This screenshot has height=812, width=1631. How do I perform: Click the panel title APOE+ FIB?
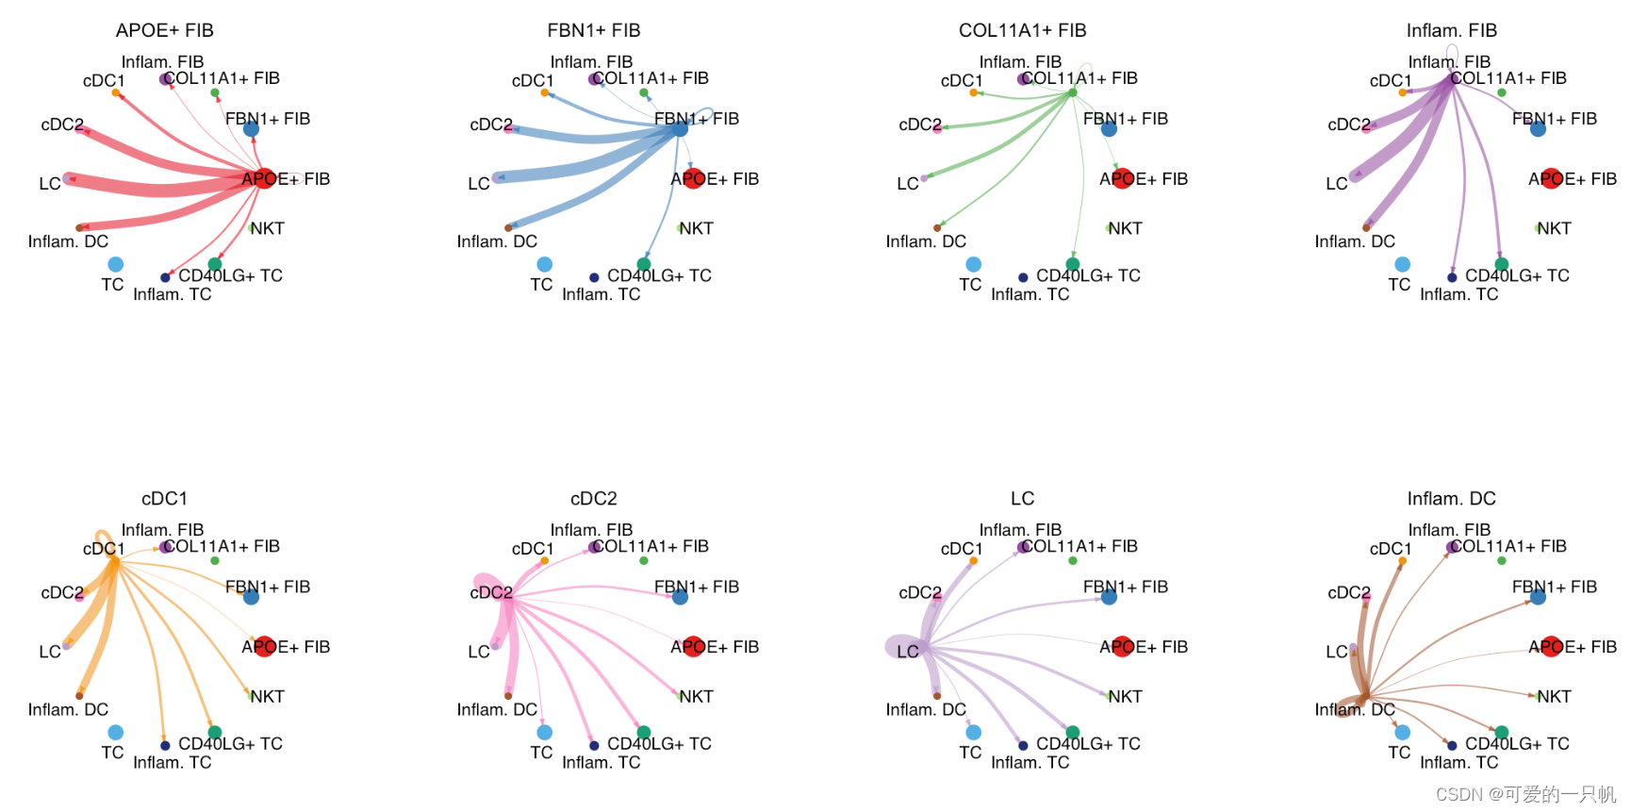coord(165,30)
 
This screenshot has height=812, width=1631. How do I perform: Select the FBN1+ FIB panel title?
coord(594,30)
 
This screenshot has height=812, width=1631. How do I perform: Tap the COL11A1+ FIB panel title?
coord(1023,30)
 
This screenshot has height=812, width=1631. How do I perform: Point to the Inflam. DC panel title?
coord(1452,498)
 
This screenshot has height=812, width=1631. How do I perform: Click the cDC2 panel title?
coord(594,498)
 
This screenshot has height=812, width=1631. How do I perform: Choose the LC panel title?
coord(1023,498)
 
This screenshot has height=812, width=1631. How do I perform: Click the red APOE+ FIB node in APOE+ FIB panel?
coord(264,177)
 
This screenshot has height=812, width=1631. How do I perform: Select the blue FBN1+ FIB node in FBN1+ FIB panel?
coord(680,128)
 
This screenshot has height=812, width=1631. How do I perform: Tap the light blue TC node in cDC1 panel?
coord(116,732)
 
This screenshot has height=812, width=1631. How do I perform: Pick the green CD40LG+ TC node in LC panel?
coord(1073,732)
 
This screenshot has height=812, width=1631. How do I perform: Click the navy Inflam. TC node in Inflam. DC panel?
coord(1452,745)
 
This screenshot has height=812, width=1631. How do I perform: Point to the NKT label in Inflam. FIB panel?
coord(1554,228)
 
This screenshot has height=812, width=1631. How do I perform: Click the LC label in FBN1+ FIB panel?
coord(479,183)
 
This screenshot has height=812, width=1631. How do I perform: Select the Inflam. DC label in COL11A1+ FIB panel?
coord(926,241)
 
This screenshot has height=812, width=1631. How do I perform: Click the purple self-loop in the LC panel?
coord(898,646)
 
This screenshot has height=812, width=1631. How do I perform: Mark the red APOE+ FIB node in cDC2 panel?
coord(693,646)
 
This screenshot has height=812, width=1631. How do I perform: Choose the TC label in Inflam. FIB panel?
coord(1399,284)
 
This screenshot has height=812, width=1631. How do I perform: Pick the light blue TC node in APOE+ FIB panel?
coord(116,264)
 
